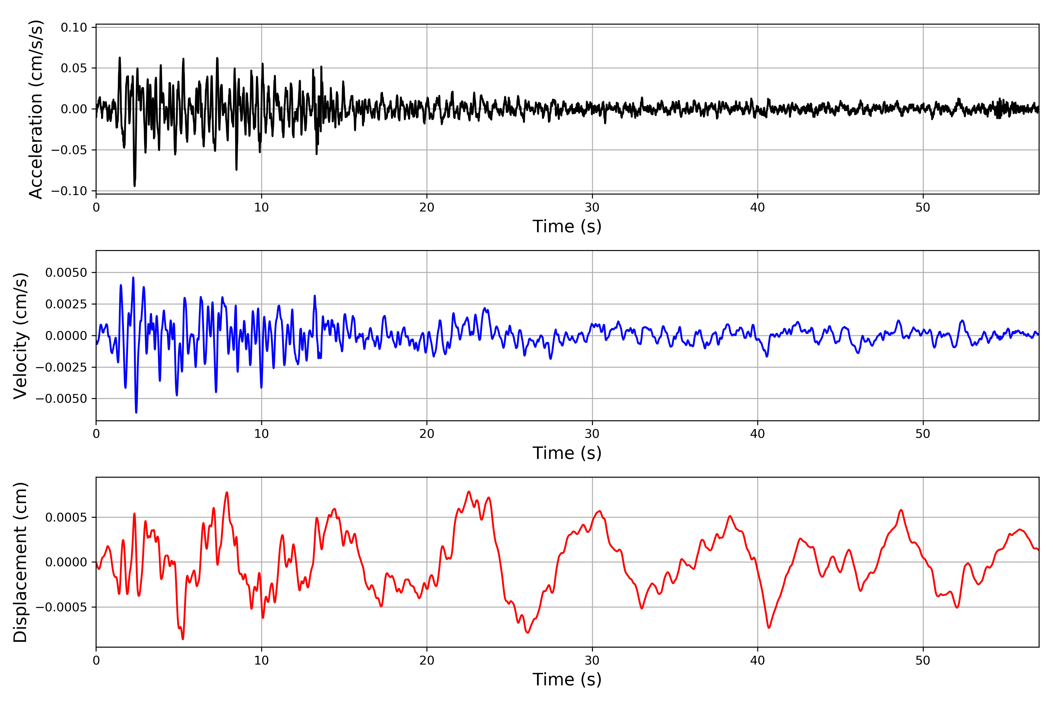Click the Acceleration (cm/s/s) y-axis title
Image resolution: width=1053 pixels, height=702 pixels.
tap(36, 109)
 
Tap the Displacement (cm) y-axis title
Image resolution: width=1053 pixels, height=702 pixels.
tap(20, 562)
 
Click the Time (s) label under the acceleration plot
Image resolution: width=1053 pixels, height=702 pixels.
tap(567, 226)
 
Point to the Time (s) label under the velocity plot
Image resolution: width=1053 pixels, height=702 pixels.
tap(567, 453)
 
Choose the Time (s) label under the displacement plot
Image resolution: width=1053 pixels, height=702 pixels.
tap(567, 679)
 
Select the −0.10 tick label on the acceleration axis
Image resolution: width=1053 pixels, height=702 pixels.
tap(69, 191)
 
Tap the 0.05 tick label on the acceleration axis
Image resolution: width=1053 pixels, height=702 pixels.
tap(74, 68)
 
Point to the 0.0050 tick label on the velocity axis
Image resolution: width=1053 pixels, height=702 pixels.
tap(66, 273)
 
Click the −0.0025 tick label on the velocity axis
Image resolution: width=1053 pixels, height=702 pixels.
tap(61, 367)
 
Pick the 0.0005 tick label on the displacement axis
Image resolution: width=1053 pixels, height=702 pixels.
tap(66, 517)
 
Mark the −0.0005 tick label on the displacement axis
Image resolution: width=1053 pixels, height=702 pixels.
tap(61, 608)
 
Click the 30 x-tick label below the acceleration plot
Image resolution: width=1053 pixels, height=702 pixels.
tap(592, 207)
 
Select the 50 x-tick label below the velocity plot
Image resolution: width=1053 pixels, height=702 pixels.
tap(923, 434)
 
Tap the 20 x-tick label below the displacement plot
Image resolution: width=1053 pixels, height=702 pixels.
tap(427, 660)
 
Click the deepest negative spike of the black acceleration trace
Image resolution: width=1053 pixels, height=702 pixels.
tap(134, 185)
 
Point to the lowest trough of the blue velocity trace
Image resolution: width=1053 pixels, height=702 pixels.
tap(136, 412)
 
